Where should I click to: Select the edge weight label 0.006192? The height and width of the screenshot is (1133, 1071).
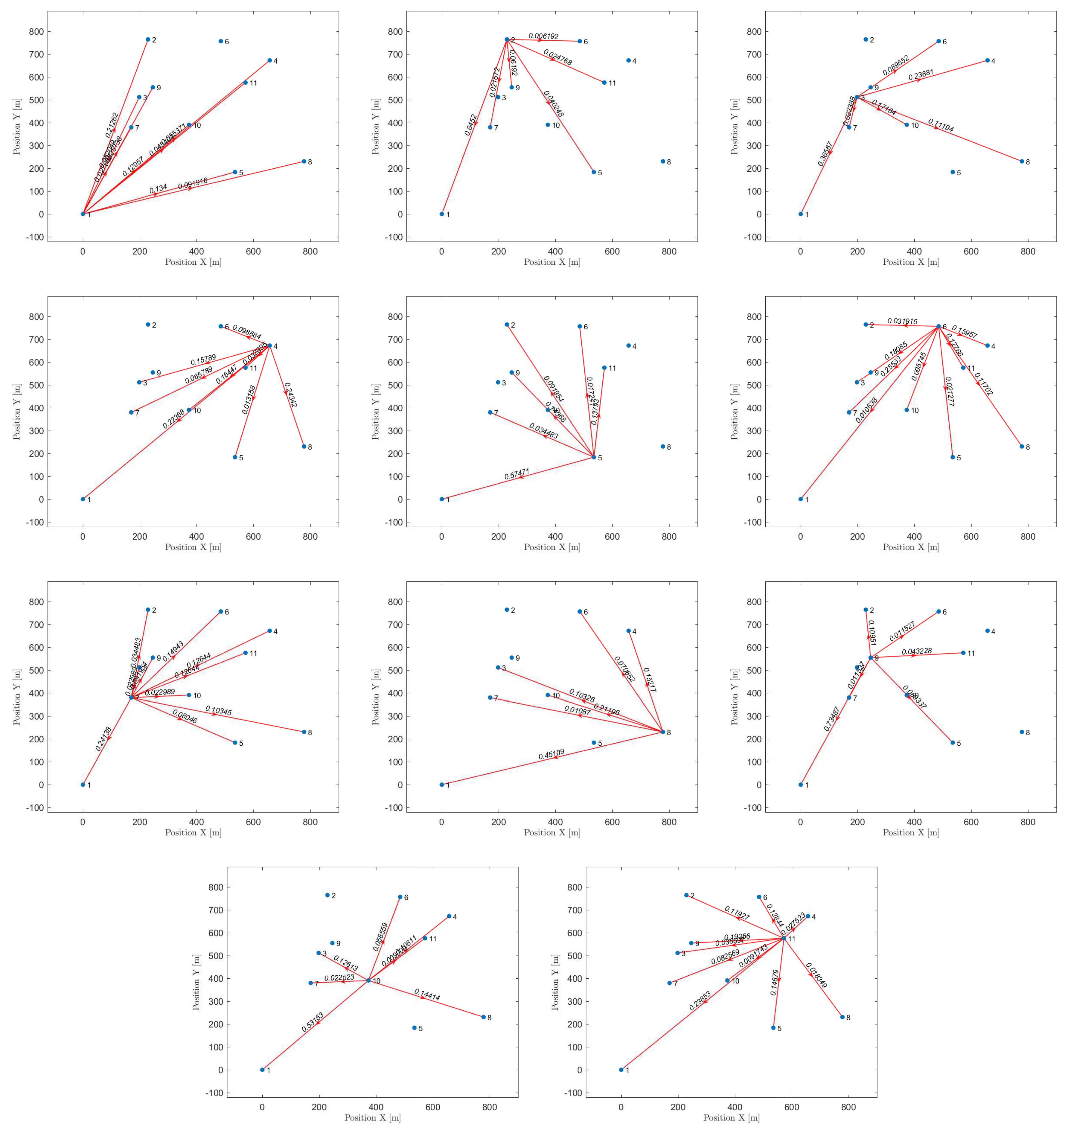point(543,36)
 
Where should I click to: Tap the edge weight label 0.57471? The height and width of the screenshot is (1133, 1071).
point(517,473)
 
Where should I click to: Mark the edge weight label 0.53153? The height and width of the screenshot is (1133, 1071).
point(312,1022)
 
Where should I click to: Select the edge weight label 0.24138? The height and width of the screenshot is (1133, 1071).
point(103,738)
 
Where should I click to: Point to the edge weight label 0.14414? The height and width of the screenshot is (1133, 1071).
point(427,994)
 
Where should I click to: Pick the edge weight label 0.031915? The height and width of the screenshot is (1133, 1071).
point(902,322)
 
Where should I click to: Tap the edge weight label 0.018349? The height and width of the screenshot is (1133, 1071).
point(816,975)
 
